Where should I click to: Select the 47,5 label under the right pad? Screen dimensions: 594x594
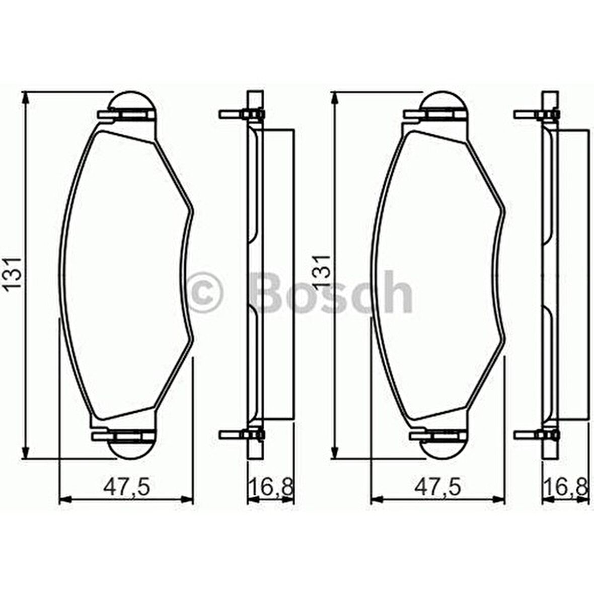point(437,487)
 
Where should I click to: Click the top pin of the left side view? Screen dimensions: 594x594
point(230,115)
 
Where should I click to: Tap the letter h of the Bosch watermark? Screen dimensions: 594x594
point(397,291)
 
